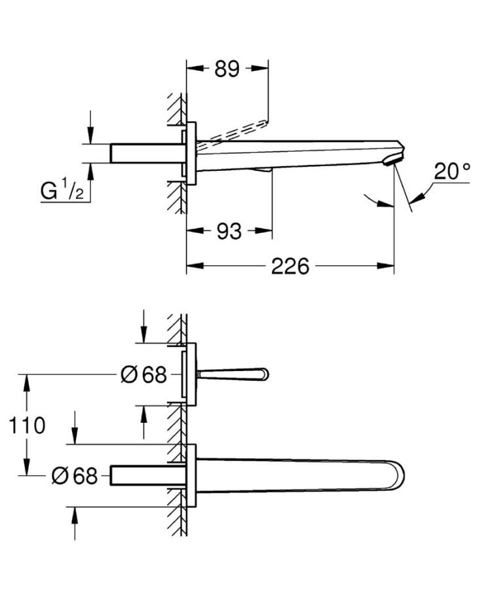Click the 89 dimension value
point(227,69)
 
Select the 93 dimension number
point(229,232)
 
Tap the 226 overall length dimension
point(290,266)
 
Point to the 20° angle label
point(452,171)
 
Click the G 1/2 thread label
point(62,189)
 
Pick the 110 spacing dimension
point(27,425)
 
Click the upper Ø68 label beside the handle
point(143,374)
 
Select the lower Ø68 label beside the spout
point(74,476)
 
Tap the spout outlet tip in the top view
point(394,160)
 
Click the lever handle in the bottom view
point(233,374)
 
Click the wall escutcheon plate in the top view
point(191,153)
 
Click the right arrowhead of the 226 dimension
point(386,266)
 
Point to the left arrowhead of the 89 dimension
point(195,68)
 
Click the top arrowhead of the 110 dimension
point(26,383)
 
